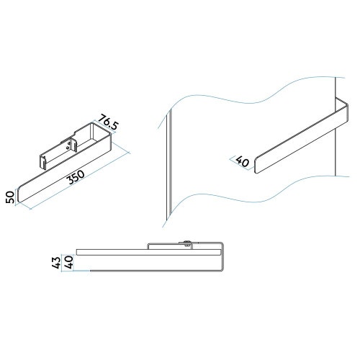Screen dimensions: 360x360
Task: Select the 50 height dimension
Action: click(x=10, y=196)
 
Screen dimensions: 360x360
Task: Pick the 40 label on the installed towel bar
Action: click(x=242, y=162)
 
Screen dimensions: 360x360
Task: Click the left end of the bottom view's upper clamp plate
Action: click(x=150, y=246)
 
